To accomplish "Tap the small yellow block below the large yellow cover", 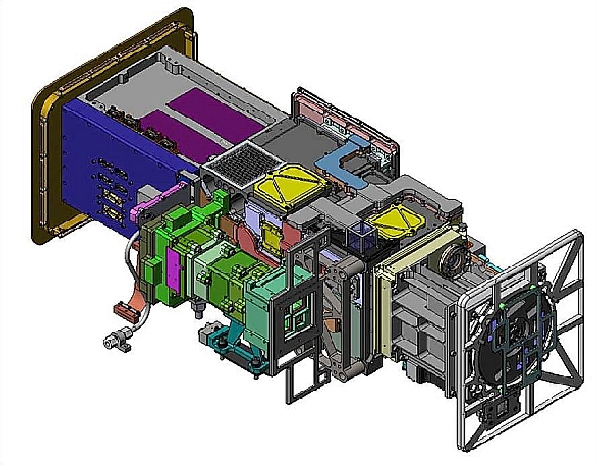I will coord(271,234).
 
